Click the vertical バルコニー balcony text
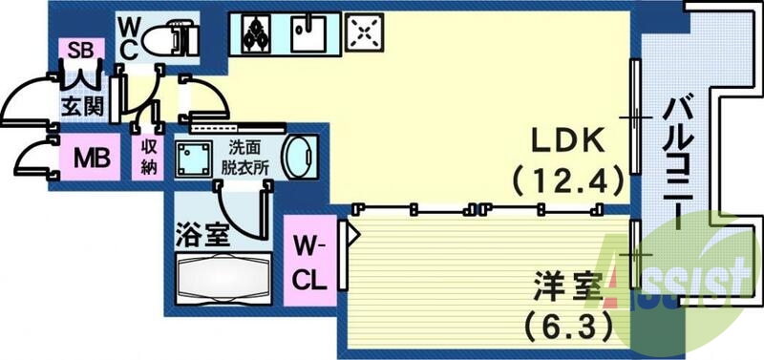[675, 162]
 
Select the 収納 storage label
[149, 155]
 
